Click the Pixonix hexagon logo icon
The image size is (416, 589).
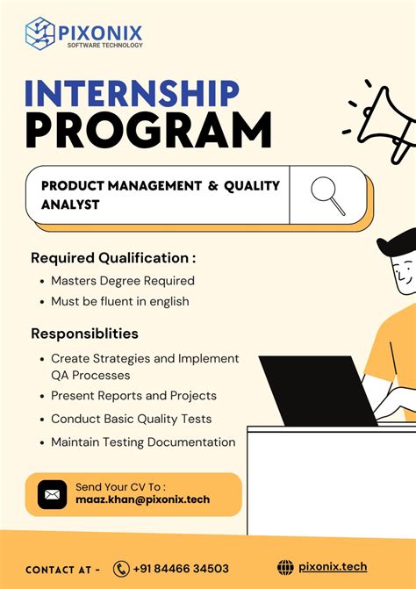pyautogui.click(x=40, y=33)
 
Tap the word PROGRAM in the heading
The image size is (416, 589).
pyautogui.click(x=147, y=132)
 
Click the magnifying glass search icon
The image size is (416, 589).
pyautogui.click(x=327, y=195)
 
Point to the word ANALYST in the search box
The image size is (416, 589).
pyautogui.click(x=70, y=205)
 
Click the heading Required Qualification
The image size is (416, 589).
pyautogui.click(x=113, y=258)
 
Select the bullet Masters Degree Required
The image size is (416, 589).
pyautogui.click(x=122, y=281)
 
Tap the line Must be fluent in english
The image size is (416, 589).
pyautogui.click(x=119, y=302)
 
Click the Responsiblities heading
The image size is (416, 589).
pyautogui.click(x=84, y=334)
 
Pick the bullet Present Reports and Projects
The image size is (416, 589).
pyautogui.click(x=133, y=396)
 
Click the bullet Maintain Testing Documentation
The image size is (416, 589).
pyautogui.click(x=143, y=442)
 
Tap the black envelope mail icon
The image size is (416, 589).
pyautogui.click(x=52, y=495)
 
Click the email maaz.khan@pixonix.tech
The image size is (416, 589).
pyautogui.click(x=142, y=500)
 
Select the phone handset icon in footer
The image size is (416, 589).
pyautogui.click(x=121, y=569)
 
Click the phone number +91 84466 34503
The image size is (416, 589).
pyautogui.click(x=181, y=569)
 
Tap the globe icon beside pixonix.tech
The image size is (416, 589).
pyautogui.click(x=285, y=568)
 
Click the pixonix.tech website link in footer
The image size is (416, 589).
pyautogui.click(x=333, y=568)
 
